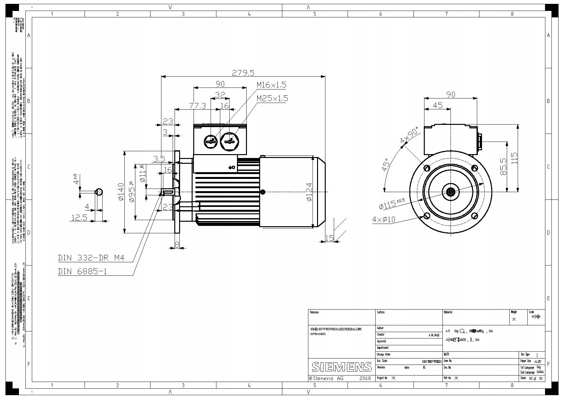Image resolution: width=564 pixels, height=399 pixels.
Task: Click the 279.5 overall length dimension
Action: pyautogui.click(x=243, y=73)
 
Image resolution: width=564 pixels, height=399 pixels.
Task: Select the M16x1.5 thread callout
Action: pyautogui.click(x=271, y=85)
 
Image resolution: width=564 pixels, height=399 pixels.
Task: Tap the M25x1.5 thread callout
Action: pyautogui.click(x=272, y=98)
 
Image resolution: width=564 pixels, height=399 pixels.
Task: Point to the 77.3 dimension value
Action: pyautogui.click(x=197, y=106)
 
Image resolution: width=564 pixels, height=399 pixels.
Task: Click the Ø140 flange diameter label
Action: pyautogui.click(x=121, y=192)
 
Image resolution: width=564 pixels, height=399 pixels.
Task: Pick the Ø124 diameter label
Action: pyautogui.click(x=309, y=192)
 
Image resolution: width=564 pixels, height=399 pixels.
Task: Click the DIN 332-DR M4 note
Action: pyautogui.click(x=91, y=258)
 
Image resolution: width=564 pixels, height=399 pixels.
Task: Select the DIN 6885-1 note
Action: pyautogui.click(x=82, y=271)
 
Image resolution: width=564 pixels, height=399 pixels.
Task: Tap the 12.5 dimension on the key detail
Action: pyautogui.click(x=79, y=218)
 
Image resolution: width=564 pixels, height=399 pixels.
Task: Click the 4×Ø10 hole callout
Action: pyautogui.click(x=383, y=219)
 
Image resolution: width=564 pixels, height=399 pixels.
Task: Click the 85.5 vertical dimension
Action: pyautogui.click(x=504, y=166)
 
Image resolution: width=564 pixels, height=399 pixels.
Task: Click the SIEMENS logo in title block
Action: pyautogui.click(x=341, y=367)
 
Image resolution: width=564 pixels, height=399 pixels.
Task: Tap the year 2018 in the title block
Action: pyautogui.click(x=365, y=378)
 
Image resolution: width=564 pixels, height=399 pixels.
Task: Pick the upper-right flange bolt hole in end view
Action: pyautogui.click(x=475, y=168)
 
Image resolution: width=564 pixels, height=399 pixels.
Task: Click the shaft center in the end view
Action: pyautogui.click(x=451, y=192)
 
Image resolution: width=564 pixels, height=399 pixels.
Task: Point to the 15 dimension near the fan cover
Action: pyautogui.click(x=329, y=238)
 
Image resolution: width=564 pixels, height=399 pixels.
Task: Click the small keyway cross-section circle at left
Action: pyautogui.click(x=99, y=192)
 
